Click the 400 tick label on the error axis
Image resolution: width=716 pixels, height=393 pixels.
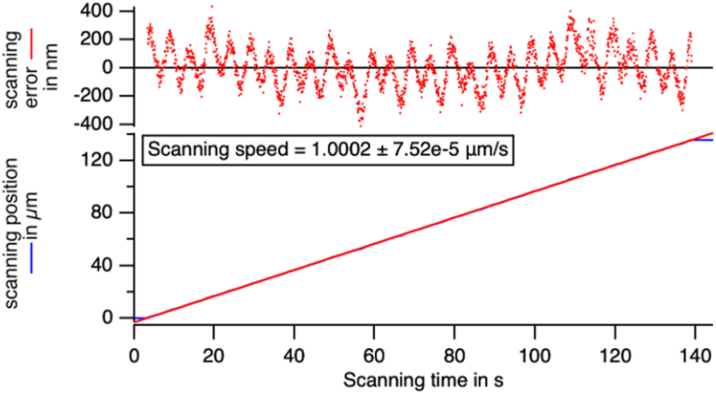pyautogui.click(x=105, y=11)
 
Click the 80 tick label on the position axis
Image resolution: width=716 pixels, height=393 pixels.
pyautogui.click(x=111, y=212)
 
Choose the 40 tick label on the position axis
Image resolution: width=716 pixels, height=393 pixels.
pyautogui.click(x=111, y=265)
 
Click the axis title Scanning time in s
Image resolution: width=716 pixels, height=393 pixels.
pyautogui.click(x=423, y=380)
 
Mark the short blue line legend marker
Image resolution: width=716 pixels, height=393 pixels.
pyautogui.click(x=31, y=258)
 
